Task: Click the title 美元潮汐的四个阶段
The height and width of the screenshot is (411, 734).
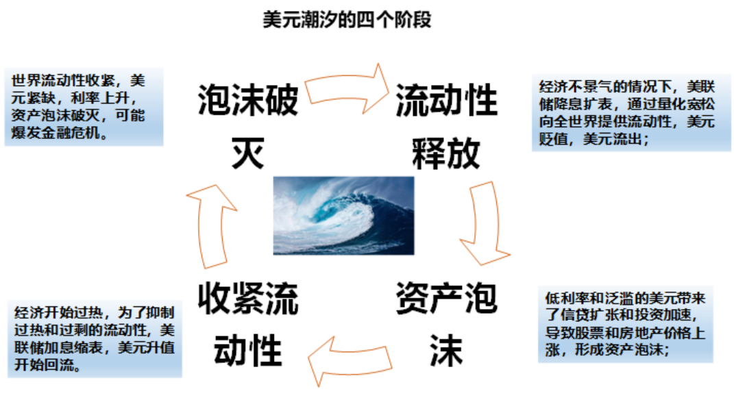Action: pos(346,20)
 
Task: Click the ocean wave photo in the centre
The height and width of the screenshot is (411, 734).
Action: pos(343,216)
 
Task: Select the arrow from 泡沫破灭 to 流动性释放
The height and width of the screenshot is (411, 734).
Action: pos(347,88)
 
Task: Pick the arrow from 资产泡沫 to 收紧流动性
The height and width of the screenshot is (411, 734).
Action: pos(350,362)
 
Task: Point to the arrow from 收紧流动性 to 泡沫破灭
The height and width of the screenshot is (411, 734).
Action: pos(212,227)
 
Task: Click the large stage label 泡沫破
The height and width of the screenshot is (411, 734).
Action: pos(247,100)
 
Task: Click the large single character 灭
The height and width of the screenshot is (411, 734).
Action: pos(247,153)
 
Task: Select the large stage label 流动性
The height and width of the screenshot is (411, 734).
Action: pos(446,100)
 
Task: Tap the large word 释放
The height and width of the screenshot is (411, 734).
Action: pos(446,153)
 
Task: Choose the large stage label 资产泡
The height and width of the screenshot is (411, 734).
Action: pos(446,298)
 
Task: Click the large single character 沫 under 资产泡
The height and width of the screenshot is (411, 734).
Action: pos(446,351)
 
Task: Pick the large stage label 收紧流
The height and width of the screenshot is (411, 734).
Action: pos(247,298)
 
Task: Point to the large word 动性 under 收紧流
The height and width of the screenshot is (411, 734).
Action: pos(247,351)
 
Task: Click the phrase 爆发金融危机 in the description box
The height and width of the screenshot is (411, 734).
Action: pos(56,134)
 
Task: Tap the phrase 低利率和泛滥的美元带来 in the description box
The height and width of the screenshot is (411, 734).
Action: pos(625,298)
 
